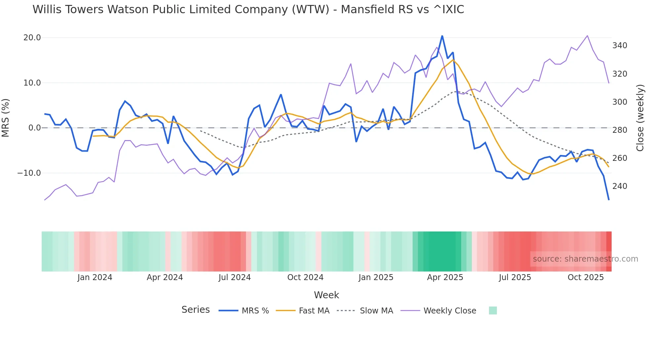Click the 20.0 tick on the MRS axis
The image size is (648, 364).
(x=32, y=38)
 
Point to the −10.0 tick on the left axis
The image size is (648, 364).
(x=29, y=173)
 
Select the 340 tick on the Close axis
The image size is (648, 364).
(x=620, y=46)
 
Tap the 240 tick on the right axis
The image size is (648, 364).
(x=620, y=186)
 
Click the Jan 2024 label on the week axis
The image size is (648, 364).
(x=95, y=277)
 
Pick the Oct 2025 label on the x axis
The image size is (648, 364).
(x=586, y=277)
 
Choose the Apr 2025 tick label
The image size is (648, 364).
(x=445, y=277)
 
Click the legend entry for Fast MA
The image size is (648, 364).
(x=314, y=311)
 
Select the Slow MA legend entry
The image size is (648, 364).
(x=376, y=311)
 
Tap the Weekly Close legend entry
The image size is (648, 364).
(x=450, y=311)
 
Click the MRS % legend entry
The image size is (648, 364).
(x=255, y=311)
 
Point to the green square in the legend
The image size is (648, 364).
(x=493, y=310)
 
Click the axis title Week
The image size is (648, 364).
(x=326, y=295)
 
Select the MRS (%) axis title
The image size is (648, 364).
(x=6, y=118)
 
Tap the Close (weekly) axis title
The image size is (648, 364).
(x=640, y=118)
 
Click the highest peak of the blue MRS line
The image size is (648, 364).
(x=442, y=36)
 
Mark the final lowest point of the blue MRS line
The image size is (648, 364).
(x=609, y=200)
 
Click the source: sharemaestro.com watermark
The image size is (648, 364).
(x=585, y=259)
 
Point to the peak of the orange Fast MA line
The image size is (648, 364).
(x=453, y=59)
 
